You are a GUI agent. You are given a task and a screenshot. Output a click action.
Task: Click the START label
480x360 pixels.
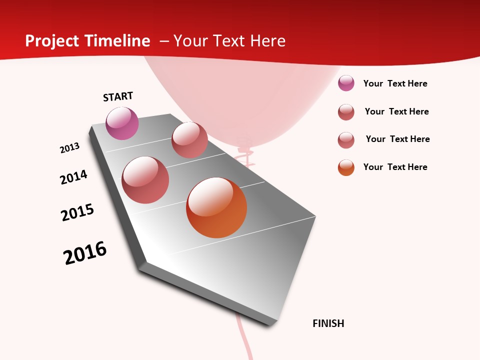(x=118, y=96)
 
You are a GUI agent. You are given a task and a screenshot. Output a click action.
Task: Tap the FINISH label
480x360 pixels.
(x=328, y=323)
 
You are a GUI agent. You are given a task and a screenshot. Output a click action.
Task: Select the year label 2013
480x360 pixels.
(x=69, y=148)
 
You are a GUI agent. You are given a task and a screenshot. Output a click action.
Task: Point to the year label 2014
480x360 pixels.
(x=73, y=177)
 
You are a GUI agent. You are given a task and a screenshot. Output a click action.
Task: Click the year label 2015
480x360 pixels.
(x=77, y=212)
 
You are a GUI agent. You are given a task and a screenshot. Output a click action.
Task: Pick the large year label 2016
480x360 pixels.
(x=85, y=253)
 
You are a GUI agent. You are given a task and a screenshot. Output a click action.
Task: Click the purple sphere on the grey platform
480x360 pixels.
(x=122, y=123)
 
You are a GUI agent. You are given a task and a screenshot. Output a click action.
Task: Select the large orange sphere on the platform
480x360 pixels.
(x=216, y=207)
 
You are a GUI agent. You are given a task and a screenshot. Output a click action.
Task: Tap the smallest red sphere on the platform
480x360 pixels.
(x=189, y=140)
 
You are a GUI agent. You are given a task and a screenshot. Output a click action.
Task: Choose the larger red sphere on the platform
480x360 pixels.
(x=145, y=180)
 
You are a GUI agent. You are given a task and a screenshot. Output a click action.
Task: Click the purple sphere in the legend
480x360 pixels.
(x=346, y=83)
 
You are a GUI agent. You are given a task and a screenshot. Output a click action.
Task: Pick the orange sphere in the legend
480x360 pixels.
(x=346, y=167)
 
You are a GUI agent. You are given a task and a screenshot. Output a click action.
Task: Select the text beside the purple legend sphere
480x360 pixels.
(x=395, y=83)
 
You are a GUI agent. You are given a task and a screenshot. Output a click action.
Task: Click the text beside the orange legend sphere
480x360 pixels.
(x=395, y=167)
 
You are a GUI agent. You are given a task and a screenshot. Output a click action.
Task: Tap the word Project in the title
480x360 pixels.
(x=52, y=41)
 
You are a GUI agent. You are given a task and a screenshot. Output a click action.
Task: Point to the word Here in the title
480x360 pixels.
(x=267, y=41)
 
